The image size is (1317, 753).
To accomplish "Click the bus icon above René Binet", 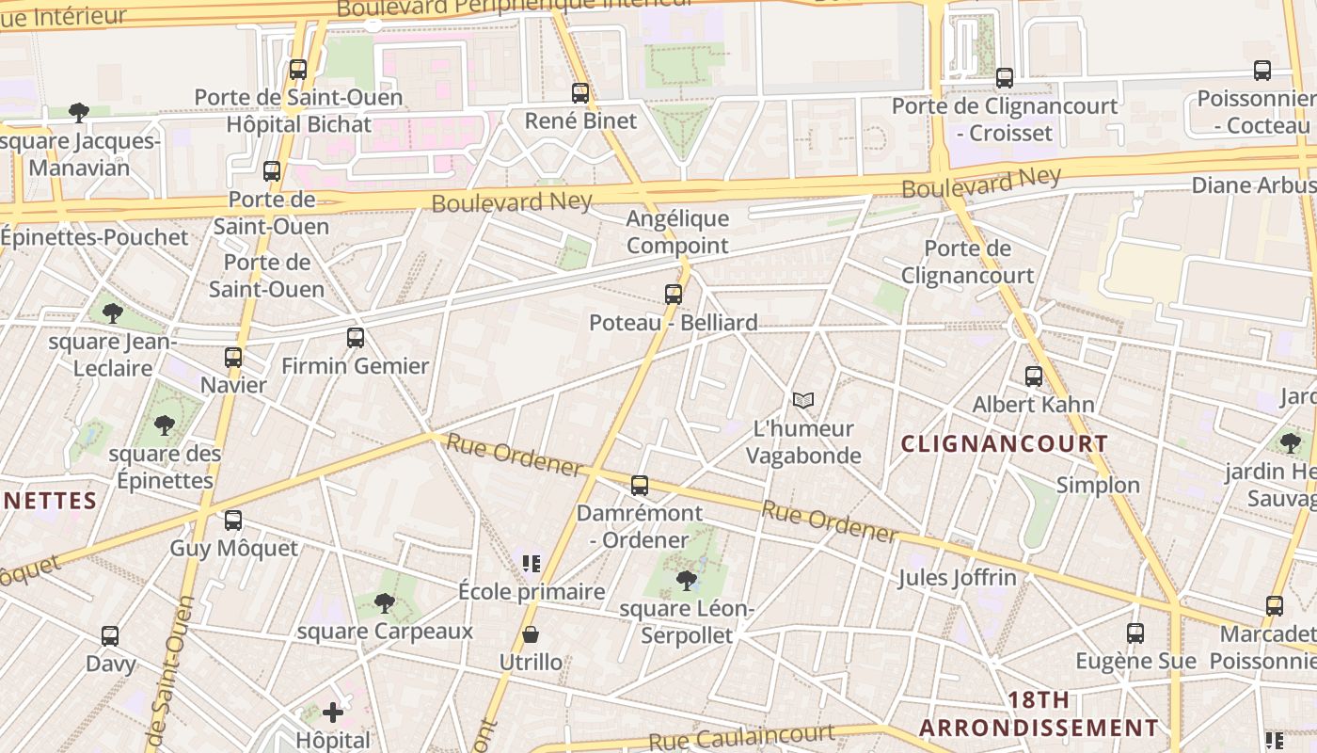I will click(580, 93).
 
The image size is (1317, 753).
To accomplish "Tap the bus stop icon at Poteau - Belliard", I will click(674, 294).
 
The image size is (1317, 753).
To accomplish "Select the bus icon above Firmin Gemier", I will click(356, 338).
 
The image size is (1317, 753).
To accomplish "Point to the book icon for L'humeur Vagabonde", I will click(802, 401).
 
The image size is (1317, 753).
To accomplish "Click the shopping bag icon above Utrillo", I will click(531, 635).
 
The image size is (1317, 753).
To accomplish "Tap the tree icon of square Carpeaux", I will click(384, 602).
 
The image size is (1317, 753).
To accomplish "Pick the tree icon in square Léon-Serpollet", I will click(687, 580).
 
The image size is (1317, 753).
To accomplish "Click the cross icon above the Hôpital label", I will click(333, 713).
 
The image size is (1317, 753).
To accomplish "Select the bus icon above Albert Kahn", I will click(1034, 376).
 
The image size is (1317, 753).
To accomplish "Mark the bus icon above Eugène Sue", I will click(1135, 633).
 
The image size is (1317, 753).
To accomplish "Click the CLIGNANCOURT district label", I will click(1005, 443).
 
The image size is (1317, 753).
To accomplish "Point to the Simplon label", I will click(1098, 486).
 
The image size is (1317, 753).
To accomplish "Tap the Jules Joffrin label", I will click(957, 577).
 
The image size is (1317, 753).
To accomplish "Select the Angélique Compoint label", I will click(677, 232).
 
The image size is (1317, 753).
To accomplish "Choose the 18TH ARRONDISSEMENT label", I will click(1039, 714).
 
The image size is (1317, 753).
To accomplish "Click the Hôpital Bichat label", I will click(299, 124).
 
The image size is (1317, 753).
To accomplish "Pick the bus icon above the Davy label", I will click(110, 636).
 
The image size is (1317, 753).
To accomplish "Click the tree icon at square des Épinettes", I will click(165, 425).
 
